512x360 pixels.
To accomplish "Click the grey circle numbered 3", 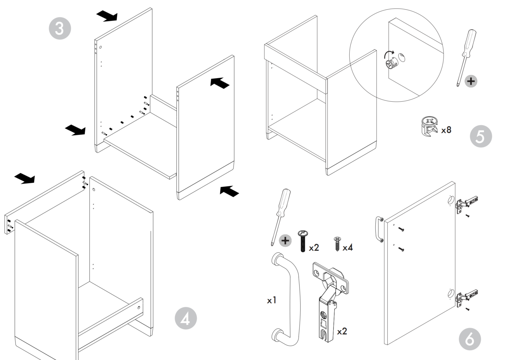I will coord(59,28).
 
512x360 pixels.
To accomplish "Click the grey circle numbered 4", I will coord(185,318).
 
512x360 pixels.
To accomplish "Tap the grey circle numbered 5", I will coord(481,137).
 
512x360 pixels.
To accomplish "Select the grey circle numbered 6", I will coord(470,340).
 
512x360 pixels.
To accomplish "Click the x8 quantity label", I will coord(446,130).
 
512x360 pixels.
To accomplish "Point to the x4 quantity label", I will coord(347,247).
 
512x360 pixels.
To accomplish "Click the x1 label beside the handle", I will coord(272,300).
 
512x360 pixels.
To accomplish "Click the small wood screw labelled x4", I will coord(337,244).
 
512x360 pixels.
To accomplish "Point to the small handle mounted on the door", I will coord(379,229).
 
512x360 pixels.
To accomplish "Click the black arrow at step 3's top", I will coord(107,16).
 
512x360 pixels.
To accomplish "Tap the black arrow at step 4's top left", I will coord(25,178).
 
